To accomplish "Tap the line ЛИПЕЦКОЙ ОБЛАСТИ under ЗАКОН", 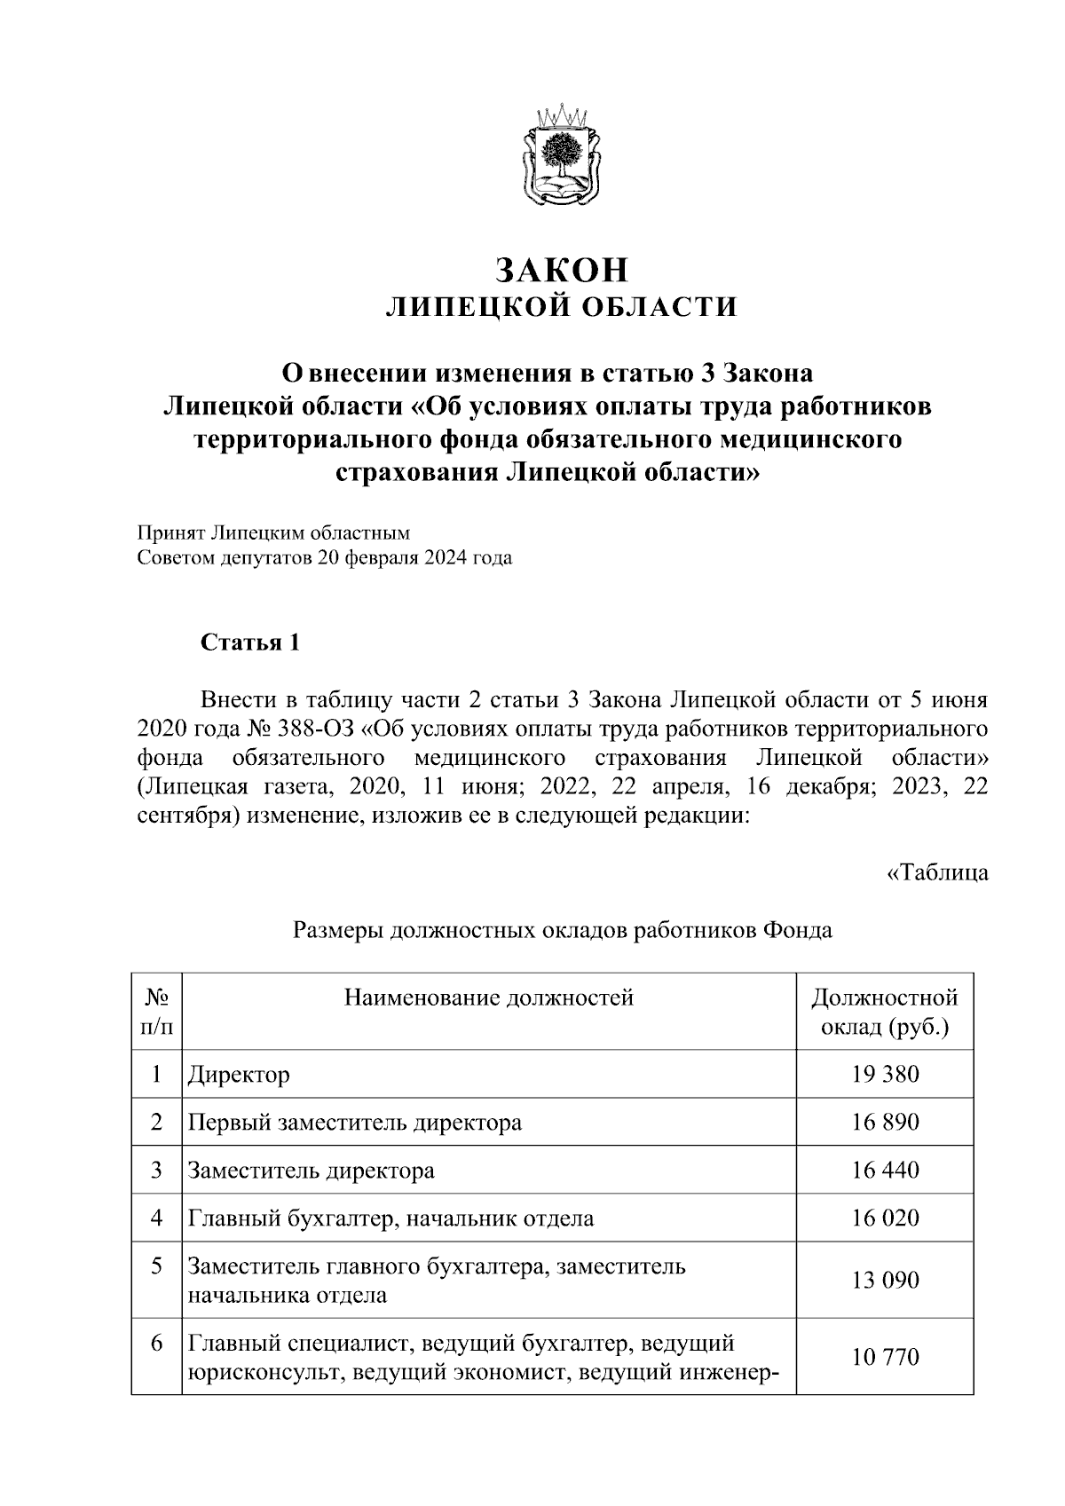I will click(561, 307).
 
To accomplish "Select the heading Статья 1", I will click(251, 642).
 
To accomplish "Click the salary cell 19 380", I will click(885, 1074).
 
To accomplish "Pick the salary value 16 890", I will click(885, 1122).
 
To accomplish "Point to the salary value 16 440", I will click(885, 1170).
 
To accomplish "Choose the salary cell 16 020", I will click(885, 1218).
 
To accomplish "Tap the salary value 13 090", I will click(885, 1280).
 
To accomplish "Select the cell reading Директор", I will click(239, 1075).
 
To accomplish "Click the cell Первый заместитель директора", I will click(354, 1123).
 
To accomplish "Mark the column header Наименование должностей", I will click(488, 997).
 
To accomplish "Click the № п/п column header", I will click(156, 1012).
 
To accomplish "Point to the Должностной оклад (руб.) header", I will click(885, 1012).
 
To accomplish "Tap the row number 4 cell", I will click(156, 1218).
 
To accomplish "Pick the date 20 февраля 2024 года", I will click(414, 558).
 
